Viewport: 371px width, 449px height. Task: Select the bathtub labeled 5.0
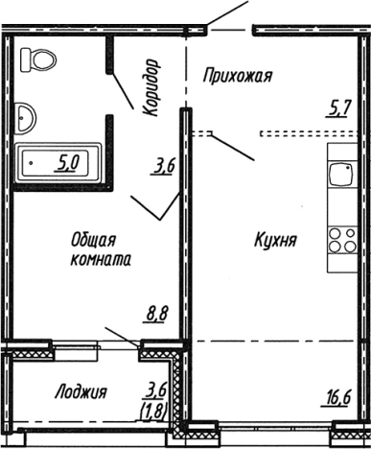(x=59, y=161)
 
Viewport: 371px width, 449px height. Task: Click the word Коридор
(x=151, y=87)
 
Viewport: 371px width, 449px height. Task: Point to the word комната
(x=101, y=259)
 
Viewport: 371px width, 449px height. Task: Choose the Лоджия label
(x=81, y=391)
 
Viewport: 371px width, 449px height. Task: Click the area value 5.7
(x=338, y=108)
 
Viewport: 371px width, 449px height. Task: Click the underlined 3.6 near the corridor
(x=162, y=167)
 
